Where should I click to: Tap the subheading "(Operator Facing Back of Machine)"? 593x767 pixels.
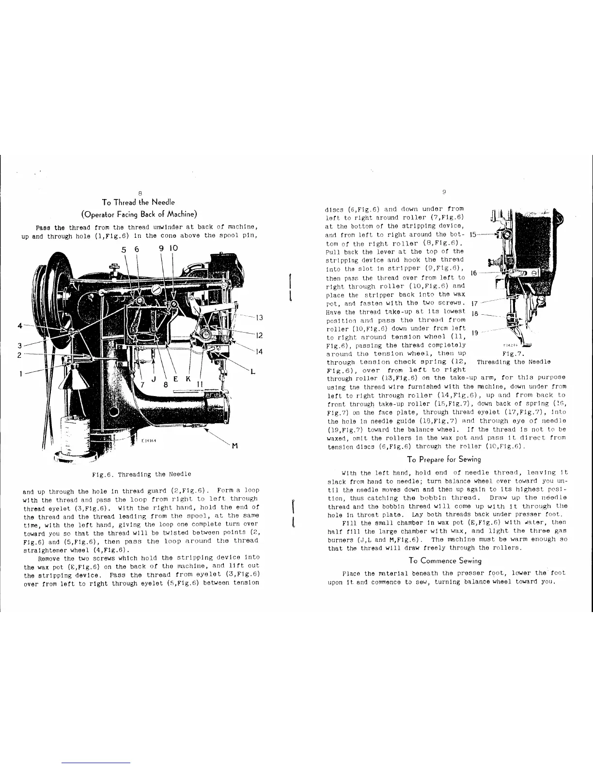click(x=140, y=214)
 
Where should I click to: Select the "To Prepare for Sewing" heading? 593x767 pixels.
click(x=445, y=459)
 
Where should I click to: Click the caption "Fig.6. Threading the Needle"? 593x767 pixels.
click(x=140, y=474)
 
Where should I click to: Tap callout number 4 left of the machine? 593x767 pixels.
click(x=19, y=325)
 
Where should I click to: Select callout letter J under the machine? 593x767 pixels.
click(x=152, y=380)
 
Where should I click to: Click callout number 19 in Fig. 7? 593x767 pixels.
click(x=475, y=332)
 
